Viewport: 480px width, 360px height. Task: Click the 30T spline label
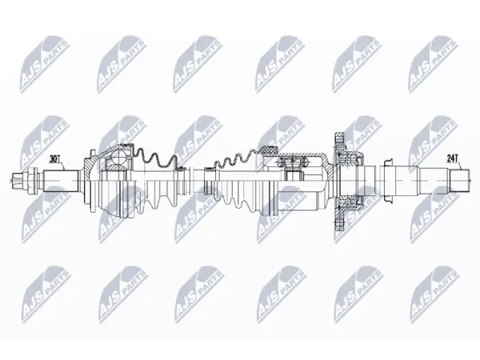(x=54, y=159)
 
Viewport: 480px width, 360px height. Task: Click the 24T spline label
(x=452, y=158)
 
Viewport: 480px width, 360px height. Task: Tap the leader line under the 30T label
(x=61, y=166)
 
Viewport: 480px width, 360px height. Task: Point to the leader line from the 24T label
(x=458, y=166)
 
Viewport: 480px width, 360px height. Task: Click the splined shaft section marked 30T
(x=60, y=181)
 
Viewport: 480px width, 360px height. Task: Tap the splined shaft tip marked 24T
(x=459, y=181)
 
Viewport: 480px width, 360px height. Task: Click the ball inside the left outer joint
(x=118, y=159)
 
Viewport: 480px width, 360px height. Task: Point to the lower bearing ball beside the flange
(x=347, y=202)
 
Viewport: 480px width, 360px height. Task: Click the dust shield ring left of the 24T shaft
(x=388, y=181)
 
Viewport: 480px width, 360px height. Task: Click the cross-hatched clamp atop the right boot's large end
(x=269, y=150)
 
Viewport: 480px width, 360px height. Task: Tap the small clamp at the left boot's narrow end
(x=181, y=169)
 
